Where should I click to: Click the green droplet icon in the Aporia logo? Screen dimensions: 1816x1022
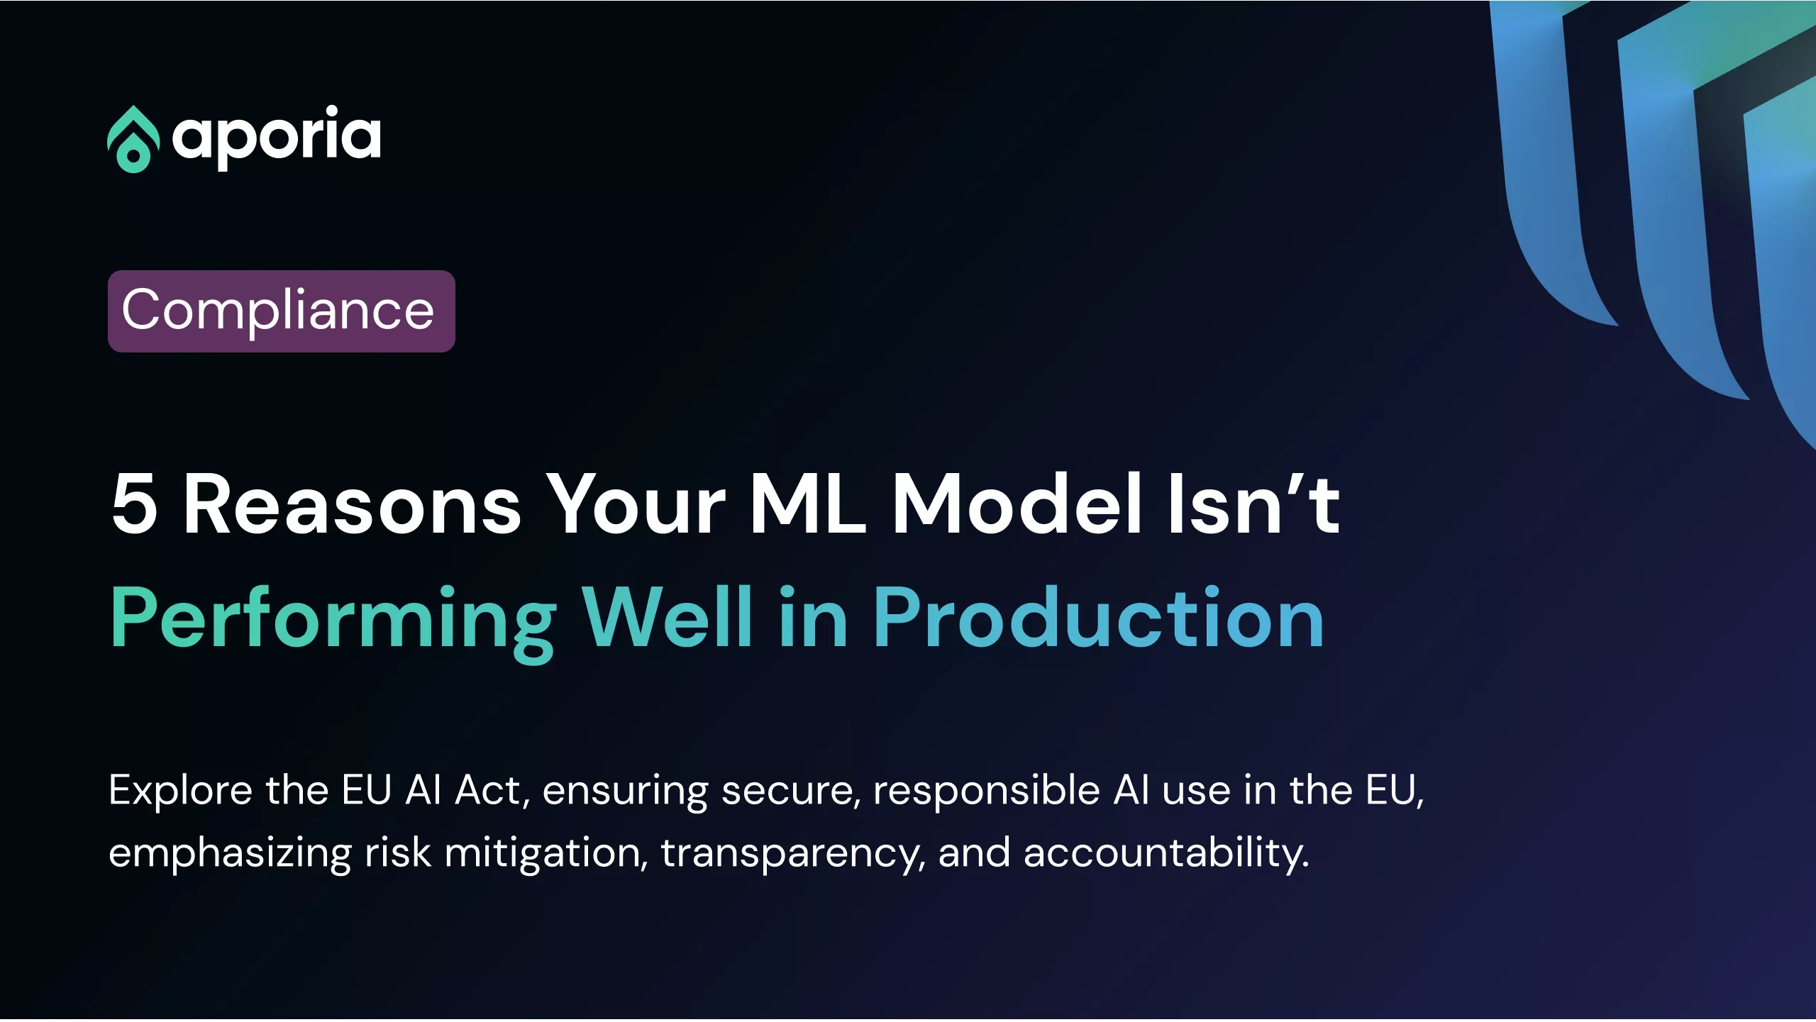(133, 140)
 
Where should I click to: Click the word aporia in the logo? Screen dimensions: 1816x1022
(277, 138)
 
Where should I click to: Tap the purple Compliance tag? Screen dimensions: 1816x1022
(282, 311)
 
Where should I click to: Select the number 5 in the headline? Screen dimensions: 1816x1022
(134, 504)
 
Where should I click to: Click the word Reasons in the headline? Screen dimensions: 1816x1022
(353, 504)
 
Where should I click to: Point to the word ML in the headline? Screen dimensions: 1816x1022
(807, 504)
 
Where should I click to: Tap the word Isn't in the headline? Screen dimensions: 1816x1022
(1254, 504)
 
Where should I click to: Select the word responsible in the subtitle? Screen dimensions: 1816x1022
(987, 792)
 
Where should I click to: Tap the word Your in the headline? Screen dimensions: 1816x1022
(636, 504)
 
